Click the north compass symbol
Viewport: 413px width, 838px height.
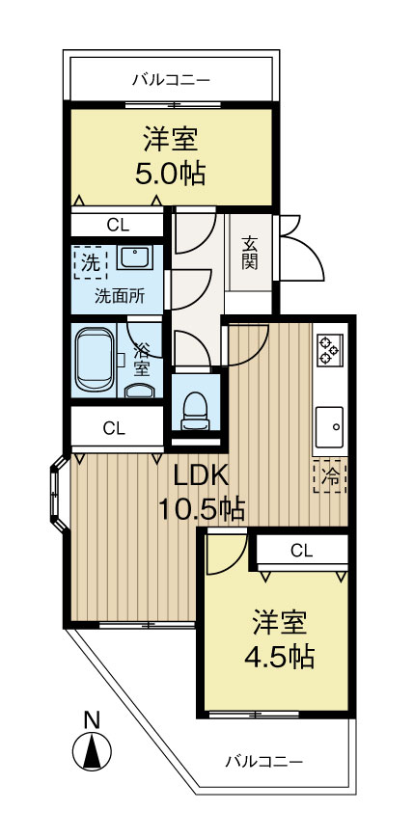(x=93, y=751)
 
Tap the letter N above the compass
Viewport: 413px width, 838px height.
(x=93, y=718)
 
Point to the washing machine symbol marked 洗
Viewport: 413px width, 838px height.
(x=90, y=261)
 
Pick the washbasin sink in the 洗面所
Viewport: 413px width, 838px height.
(x=134, y=259)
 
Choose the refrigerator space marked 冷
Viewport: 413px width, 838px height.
(x=329, y=475)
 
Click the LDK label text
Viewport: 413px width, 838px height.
(x=200, y=474)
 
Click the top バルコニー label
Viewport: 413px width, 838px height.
(x=170, y=79)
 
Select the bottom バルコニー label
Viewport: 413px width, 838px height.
(x=264, y=761)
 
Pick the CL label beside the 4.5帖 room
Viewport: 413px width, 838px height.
(x=301, y=551)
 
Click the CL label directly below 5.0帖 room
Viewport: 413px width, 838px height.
(x=118, y=225)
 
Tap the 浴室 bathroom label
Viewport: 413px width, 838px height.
(x=141, y=359)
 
